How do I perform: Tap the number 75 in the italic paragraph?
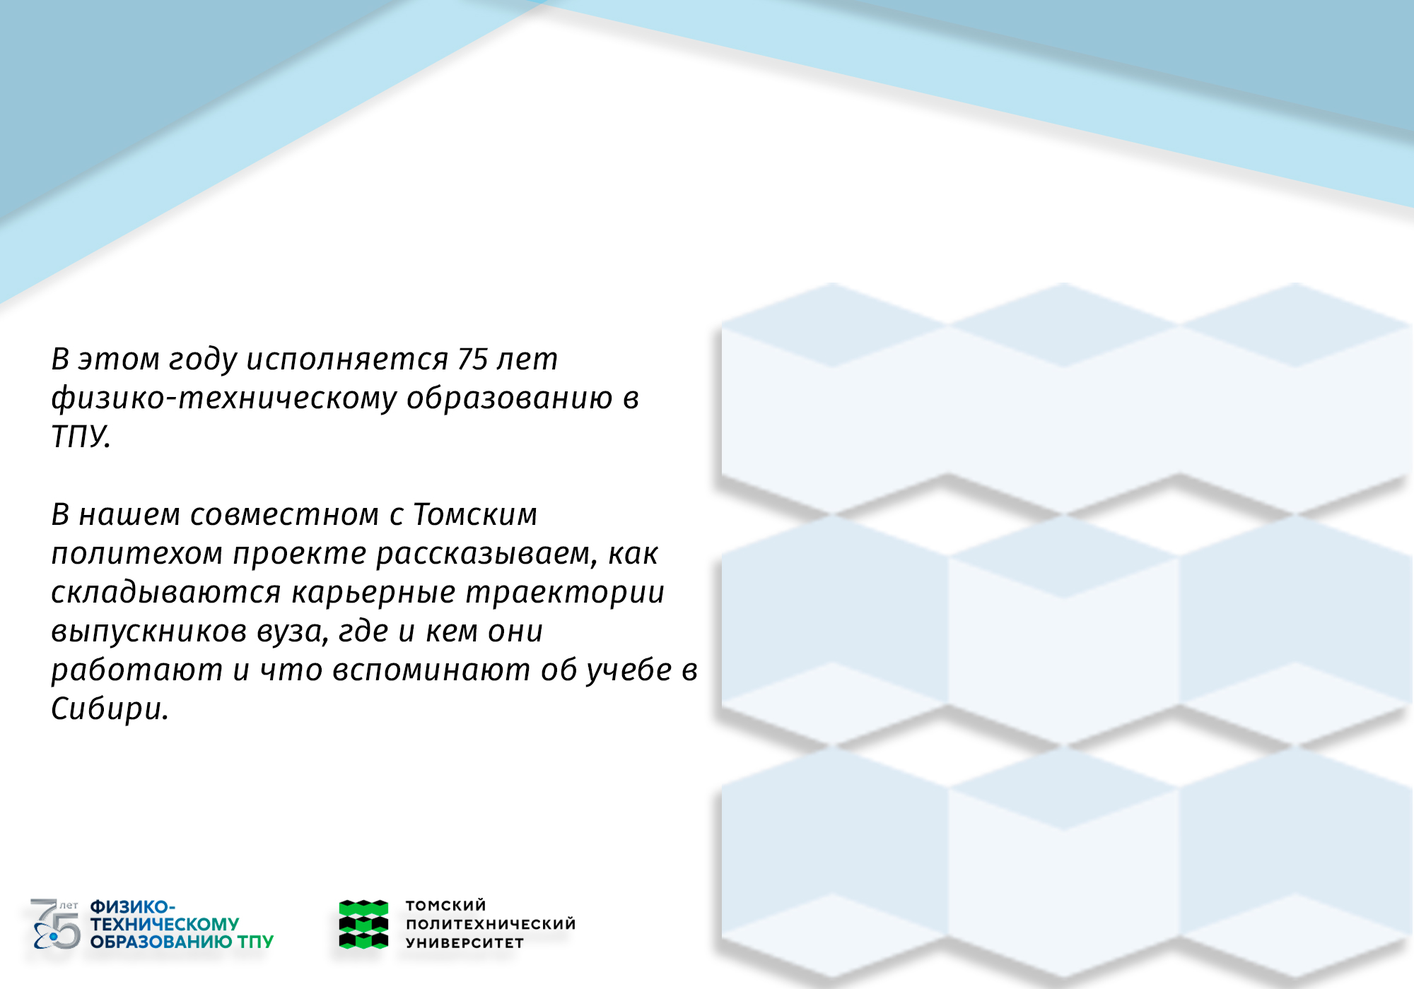(473, 359)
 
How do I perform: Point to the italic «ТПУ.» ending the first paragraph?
(81, 437)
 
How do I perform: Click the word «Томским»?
(475, 514)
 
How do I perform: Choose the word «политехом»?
(137, 554)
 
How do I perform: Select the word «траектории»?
(565, 593)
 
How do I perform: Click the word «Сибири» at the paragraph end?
(110, 709)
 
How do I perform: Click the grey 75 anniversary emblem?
(56, 924)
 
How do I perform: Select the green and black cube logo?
(363, 924)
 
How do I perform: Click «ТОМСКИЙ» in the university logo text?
(446, 906)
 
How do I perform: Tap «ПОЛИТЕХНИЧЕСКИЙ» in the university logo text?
(491, 924)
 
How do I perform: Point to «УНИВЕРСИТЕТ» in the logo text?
(464, 942)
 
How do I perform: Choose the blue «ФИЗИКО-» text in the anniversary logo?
(133, 907)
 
